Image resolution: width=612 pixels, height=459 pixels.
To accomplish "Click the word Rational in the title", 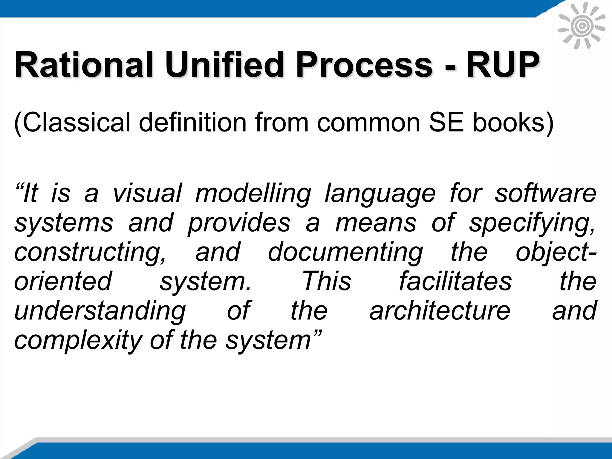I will click(x=84, y=65).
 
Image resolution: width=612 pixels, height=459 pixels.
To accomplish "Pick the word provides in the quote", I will click(x=239, y=223).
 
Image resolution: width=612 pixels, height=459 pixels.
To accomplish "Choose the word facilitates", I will click(x=455, y=281).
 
